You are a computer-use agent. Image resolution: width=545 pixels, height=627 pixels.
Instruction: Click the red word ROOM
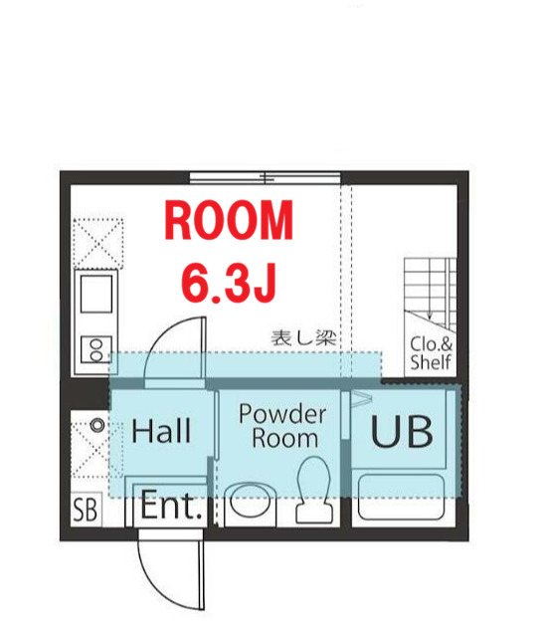coord(229,221)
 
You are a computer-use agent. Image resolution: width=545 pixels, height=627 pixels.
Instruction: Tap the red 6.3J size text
coord(229,282)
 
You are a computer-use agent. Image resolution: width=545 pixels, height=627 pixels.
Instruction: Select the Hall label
coord(161,431)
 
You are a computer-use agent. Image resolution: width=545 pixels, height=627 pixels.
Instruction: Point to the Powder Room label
coord(282,426)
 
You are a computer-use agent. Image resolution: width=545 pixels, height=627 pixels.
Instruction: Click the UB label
coord(403,432)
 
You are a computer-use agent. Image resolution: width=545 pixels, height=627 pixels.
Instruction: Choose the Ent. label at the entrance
coord(171,508)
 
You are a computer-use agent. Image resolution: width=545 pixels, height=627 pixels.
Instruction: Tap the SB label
coord(86,512)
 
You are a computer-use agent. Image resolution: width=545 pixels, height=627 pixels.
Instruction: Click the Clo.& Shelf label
coord(431,354)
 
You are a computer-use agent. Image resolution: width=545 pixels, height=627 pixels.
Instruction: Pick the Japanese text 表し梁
coord(304,338)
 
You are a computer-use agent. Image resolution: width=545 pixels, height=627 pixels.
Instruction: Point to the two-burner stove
coord(97,348)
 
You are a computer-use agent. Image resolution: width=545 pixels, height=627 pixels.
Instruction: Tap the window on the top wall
coord(265,178)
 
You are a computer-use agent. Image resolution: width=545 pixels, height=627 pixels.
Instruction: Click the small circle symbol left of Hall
coord(97,425)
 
